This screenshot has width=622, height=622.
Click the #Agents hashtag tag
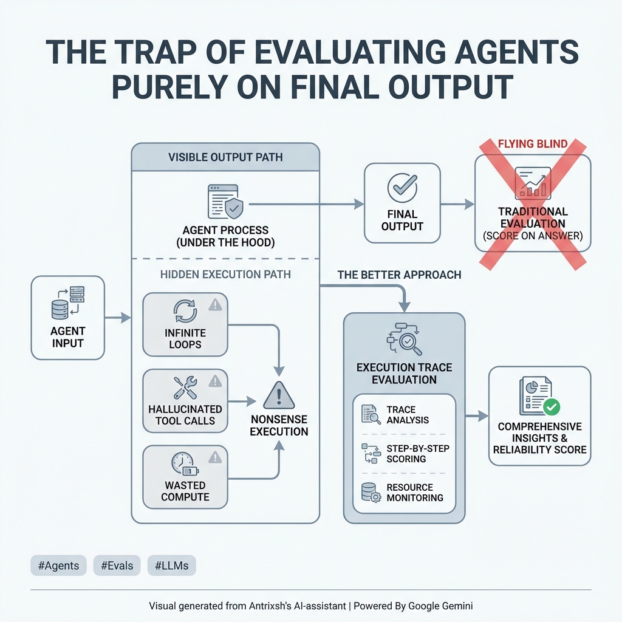point(58,566)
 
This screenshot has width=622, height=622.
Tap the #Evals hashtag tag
point(117,566)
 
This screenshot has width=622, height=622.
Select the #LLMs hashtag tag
point(172,566)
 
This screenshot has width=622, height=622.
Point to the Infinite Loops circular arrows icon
point(185,311)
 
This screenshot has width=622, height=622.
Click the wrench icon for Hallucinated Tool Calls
point(185,388)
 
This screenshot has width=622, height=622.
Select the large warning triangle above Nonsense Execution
point(279,396)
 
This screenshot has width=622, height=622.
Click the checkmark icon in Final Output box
point(402,188)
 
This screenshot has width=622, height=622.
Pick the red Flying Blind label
point(532,145)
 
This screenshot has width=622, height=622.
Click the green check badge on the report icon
point(552,406)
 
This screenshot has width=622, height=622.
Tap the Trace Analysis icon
point(371,414)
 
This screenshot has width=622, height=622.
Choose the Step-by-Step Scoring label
point(418,454)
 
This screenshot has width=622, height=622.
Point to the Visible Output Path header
point(225,158)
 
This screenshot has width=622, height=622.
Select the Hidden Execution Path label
point(225,274)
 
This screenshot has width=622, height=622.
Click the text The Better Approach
point(399,275)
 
